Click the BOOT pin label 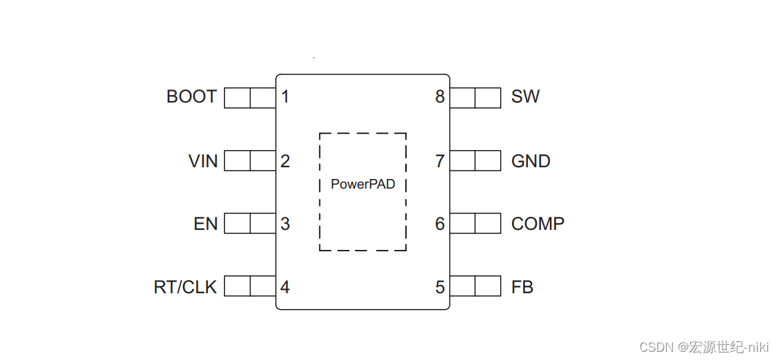191,97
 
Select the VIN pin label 203,161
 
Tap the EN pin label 206,224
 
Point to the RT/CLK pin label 185,287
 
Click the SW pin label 525,97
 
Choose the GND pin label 531,161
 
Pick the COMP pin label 537,224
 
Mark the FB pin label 522,287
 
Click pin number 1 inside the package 285,97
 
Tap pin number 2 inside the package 285,161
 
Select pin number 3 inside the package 285,224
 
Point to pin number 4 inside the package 285,287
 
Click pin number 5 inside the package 440,287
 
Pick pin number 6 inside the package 440,224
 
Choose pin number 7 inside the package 440,161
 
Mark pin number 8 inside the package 440,97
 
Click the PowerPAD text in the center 363,184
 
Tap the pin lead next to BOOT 250,98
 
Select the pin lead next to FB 475,286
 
